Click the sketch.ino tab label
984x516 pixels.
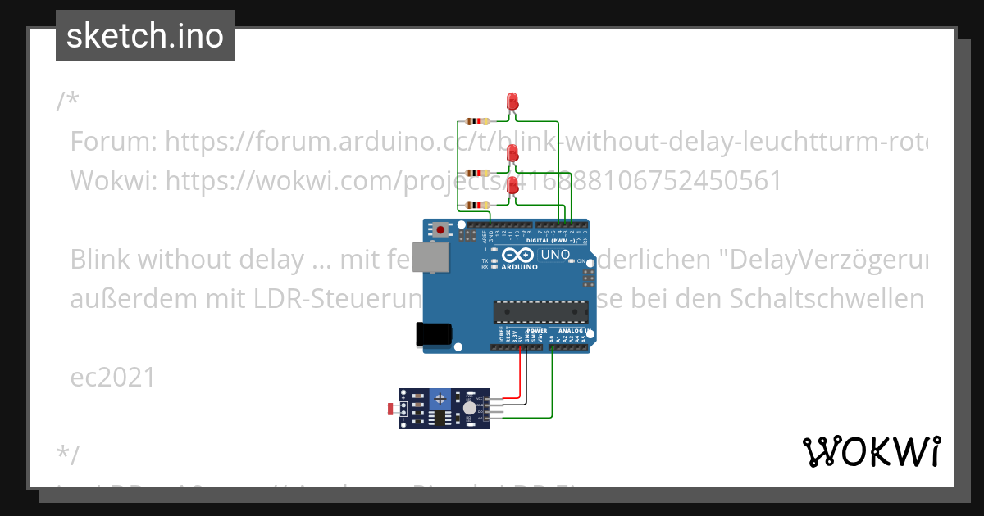145,36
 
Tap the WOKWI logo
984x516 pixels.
871,451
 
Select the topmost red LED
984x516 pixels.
513,102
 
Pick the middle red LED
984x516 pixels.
513,152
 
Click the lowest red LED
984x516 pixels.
513,186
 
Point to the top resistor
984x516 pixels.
476,122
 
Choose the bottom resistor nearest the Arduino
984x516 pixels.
476,205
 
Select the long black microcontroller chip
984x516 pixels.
540,312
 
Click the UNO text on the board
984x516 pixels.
556,256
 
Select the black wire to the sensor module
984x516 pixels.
526,385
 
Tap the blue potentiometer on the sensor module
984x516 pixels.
441,398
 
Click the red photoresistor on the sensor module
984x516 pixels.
389,407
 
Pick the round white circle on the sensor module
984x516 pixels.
469,408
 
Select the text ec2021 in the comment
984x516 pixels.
113,377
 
